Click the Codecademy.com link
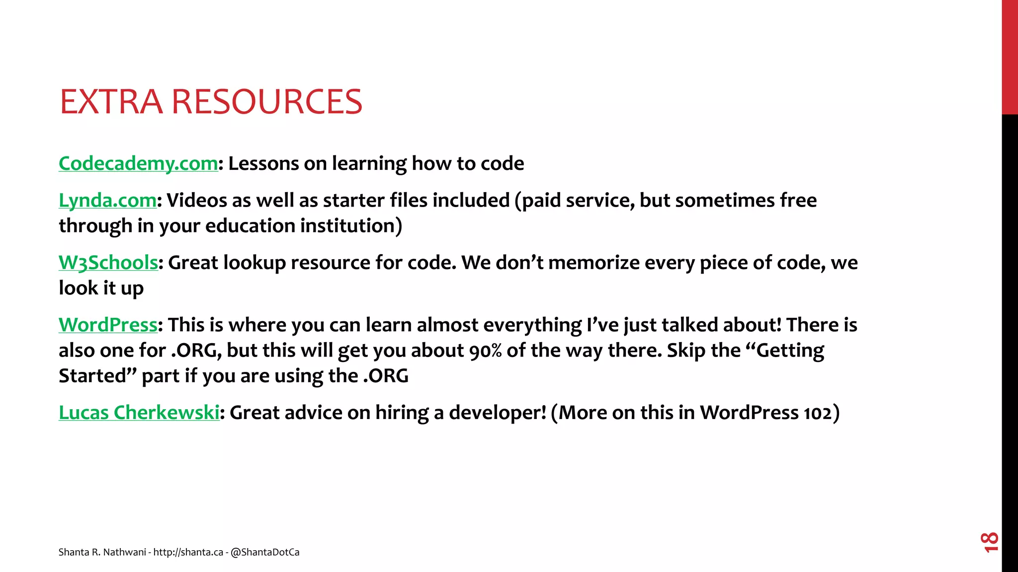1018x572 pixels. [x=138, y=163]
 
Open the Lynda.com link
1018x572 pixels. [x=107, y=200]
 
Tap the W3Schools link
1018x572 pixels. [x=108, y=263]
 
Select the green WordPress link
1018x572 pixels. [x=108, y=325]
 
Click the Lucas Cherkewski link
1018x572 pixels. [x=139, y=413]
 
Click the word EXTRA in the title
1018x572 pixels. [x=111, y=102]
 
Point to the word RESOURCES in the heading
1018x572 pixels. [x=266, y=102]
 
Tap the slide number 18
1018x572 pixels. [x=989, y=542]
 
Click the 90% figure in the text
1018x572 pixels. [x=485, y=351]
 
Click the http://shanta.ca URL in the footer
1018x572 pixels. [x=188, y=552]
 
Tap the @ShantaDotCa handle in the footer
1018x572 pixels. [x=265, y=552]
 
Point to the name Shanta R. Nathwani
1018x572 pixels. [x=102, y=552]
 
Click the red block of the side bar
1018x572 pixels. [x=1010, y=57]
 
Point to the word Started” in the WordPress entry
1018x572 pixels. [x=97, y=376]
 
